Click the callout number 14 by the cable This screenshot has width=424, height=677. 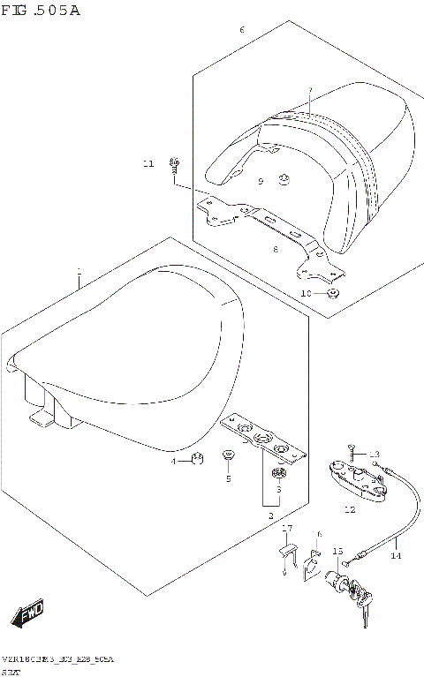point(396,556)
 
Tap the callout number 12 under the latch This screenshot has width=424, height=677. point(349,509)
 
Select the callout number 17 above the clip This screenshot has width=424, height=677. point(286,529)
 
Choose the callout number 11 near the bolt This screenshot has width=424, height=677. point(148,163)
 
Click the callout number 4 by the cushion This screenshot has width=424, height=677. point(175,461)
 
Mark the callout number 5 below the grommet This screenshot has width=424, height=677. point(227,478)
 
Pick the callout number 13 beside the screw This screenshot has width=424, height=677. point(374,454)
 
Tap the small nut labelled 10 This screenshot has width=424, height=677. point(332,292)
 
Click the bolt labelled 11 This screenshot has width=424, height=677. point(174,165)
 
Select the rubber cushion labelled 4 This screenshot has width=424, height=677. point(197,458)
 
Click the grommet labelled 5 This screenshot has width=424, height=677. point(228,455)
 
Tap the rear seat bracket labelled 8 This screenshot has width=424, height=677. point(265,224)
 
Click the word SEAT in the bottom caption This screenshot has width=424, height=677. point(11,671)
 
